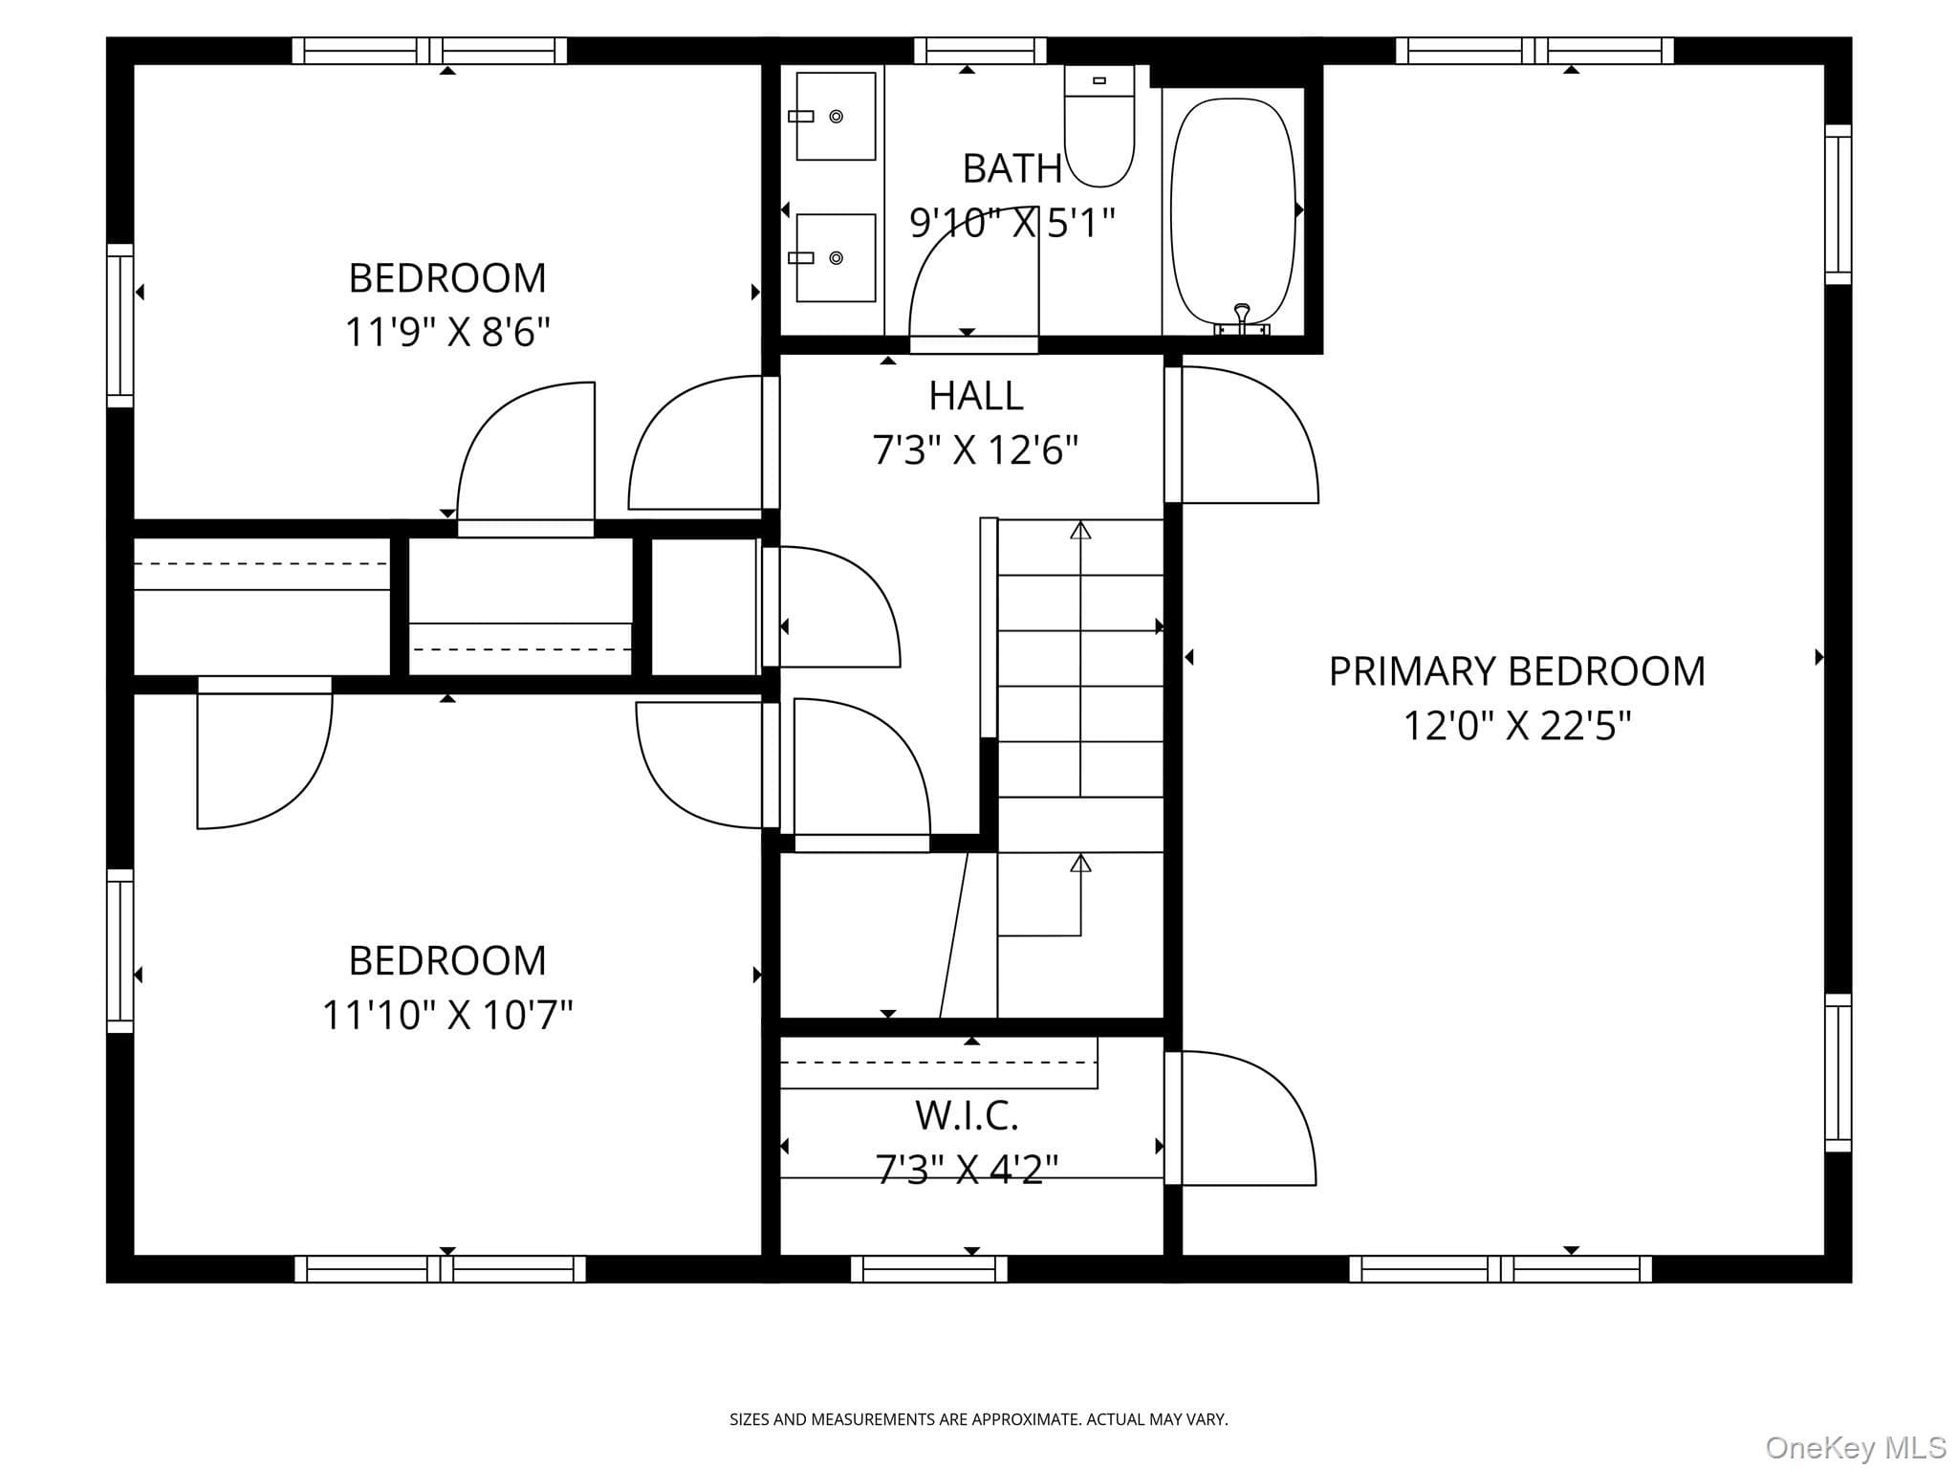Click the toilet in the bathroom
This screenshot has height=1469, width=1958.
(1099, 126)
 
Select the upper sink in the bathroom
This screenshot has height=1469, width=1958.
(836, 116)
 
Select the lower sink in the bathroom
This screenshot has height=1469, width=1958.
(836, 257)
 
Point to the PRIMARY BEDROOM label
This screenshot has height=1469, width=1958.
(1517, 671)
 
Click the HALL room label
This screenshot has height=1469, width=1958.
(976, 395)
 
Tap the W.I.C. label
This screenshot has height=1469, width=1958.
(967, 1115)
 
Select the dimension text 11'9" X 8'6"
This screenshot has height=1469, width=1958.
(447, 333)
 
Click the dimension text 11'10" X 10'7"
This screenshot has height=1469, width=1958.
(447, 1015)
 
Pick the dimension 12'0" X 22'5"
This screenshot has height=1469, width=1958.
(1517, 726)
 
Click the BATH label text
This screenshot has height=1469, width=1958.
(1012, 169)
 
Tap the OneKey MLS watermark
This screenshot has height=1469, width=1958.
(1856, 1447)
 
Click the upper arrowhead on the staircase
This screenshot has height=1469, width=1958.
(1080, 530)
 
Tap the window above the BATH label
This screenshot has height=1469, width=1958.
(980, 50)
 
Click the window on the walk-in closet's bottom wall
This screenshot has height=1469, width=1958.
(929, 1269)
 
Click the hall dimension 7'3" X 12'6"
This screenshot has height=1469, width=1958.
(976, 449)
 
